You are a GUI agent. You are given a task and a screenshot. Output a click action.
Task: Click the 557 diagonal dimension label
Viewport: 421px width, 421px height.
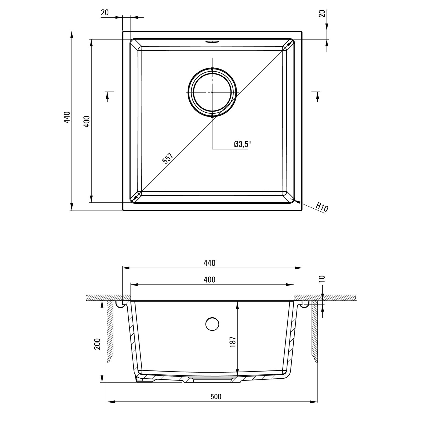pos(167,158)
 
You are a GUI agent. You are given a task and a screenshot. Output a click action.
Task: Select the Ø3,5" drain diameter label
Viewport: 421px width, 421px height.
pos(242,144)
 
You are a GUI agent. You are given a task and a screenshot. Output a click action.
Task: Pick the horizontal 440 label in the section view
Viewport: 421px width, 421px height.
pos(209,263)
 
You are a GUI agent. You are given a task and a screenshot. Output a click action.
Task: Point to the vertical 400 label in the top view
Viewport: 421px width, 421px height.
pos(87,122)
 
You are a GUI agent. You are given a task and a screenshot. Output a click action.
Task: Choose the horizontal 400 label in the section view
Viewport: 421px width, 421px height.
pos(209,280)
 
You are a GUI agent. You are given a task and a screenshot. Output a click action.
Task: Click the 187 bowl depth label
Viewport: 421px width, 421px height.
pos(232,342)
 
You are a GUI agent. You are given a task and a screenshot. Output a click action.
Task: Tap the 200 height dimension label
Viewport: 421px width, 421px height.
pos(97,344)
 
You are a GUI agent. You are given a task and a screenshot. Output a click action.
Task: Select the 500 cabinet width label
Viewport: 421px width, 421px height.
pos(215,397)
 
